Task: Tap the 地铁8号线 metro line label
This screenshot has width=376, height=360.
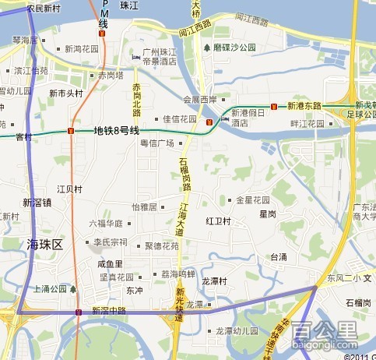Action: coord(117,130)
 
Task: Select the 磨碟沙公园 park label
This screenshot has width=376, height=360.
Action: coord(234,47)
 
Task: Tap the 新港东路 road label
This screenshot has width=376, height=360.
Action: coord(304,105)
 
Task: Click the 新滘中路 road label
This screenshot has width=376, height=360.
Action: coord(109,310)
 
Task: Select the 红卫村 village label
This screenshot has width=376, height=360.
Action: coord(219,221)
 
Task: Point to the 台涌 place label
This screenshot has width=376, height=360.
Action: coord(279,256)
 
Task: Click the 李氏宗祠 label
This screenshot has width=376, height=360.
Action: coord(110,242)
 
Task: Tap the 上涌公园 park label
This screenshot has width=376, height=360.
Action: coord(50,288)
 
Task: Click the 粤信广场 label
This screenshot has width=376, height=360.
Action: coord(156,143)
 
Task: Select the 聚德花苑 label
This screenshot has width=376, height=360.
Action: coord(161,245)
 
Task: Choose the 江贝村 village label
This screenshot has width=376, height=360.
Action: coord(69,189)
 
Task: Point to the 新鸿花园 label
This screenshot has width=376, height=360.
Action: coord(82,48)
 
